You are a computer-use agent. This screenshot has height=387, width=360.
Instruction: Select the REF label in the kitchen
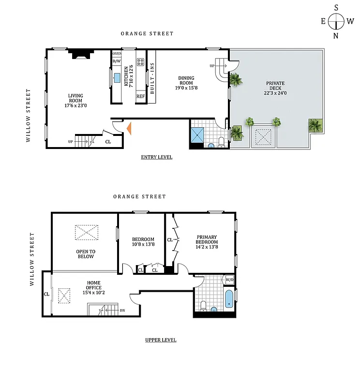[140, 96]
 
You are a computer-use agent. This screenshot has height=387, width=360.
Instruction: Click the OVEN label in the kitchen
[117, 54]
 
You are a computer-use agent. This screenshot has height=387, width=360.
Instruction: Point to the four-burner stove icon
[140, 62]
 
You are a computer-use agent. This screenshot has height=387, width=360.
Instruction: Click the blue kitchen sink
[117, 78]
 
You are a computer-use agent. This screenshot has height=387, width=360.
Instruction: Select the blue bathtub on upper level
[229, 298]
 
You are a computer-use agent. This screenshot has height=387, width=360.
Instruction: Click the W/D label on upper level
[229, 279]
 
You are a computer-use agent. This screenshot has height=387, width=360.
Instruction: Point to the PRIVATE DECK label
[275, 86]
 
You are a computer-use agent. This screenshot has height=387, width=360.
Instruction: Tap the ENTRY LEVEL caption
[156, 157]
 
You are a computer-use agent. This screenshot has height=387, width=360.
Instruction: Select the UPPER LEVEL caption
[161, 340]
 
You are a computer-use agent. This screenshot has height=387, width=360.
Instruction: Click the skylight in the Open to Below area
[85, 233]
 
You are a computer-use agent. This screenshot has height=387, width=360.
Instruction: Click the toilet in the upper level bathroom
[204, 306]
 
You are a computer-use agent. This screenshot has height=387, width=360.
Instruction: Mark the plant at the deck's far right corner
[315, 126]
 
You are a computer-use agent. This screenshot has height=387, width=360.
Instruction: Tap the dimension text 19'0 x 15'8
[186, 88]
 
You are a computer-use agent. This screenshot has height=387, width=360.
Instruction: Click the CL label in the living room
[108, 142]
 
